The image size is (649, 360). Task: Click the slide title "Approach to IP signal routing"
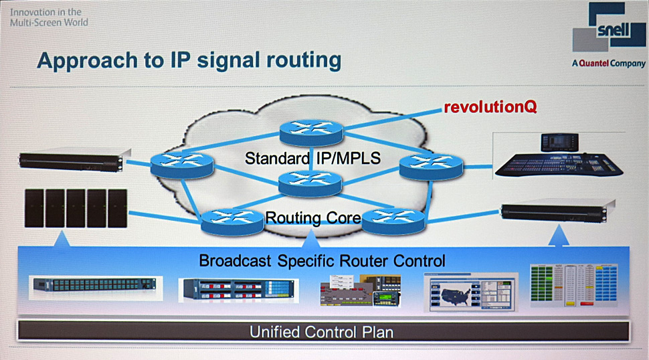pyautogui.click(x=189, y=60)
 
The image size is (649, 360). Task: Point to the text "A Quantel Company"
pyautogui.click(x=608, y=64)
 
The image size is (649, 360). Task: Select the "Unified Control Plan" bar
pyautogui.click(x=321, y=331)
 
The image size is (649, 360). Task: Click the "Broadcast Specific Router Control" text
pyautogui.click(x=322, y=260)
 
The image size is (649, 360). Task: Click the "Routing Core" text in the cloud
pyautogui.click(x=313, y=217)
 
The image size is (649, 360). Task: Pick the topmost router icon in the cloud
pyautogui.click(x=310, y=131)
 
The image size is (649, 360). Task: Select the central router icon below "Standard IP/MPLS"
pyautogui.click(x=310, y=181)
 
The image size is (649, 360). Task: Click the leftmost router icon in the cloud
pyautogui.click(x=181, y=164)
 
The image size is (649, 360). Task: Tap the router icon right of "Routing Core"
pyautogui.click(x=393, y=220)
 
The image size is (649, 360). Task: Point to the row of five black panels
pyautogui.click(x=74, y=208)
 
